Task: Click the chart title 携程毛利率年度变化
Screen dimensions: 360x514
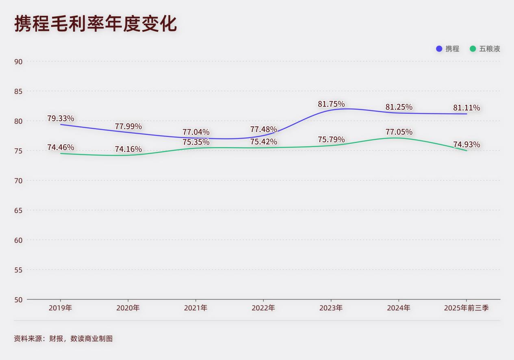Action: [x=95, y=24]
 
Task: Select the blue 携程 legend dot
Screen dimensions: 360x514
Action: [x=439, y=49]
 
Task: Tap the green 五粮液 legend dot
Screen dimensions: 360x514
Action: [x=473, y=49]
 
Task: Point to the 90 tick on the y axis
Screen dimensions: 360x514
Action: [x=18, y=62]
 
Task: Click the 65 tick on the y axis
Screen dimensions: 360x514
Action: [x=18, y=210]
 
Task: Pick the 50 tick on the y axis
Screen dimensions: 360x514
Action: [x=18, y=300]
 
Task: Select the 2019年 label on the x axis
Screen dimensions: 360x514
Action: [x=60, y=308]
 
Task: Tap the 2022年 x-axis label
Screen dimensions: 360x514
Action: [x=263, y=308]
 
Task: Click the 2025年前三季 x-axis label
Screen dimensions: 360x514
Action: [x=466, y=308]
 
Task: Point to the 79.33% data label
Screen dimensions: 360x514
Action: [x=61, y=119]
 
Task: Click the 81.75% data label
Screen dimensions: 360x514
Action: [x=331, y=104]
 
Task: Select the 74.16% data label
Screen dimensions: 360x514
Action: [x=128, y=149]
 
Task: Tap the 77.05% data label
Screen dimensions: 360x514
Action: [x=399, y=132]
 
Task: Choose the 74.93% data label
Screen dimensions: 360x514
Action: [x=466, y=145]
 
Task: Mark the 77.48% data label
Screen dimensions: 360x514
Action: [x=263, y=129]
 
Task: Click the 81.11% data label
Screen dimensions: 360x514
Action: [x=466, y=108]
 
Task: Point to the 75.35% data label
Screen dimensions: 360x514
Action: [x=196, y=142]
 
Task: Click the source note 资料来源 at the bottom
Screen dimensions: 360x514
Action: [x=63, y=338]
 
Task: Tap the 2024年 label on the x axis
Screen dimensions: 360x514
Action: [x=399, y=308]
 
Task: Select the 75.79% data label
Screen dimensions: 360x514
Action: [x=331, y=139]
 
